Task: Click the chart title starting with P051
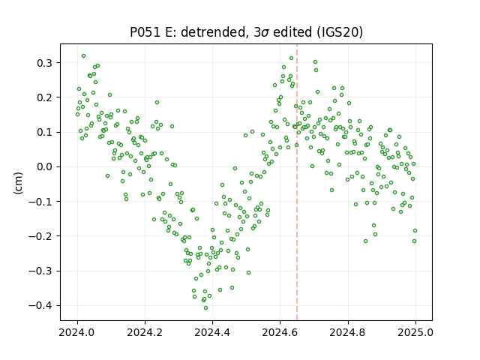[246, 32]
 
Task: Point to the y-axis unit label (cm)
[18, 183]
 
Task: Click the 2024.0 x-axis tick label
[77, 332]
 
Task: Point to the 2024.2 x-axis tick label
[145, 332]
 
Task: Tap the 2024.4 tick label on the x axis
[212, 332]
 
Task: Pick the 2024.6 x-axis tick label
[280, 332]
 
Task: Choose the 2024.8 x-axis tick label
[348, 332]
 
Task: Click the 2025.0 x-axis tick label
[415, 332]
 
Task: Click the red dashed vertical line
[297, 182]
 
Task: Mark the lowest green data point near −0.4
[205, 308]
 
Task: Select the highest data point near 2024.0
[83, 56]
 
